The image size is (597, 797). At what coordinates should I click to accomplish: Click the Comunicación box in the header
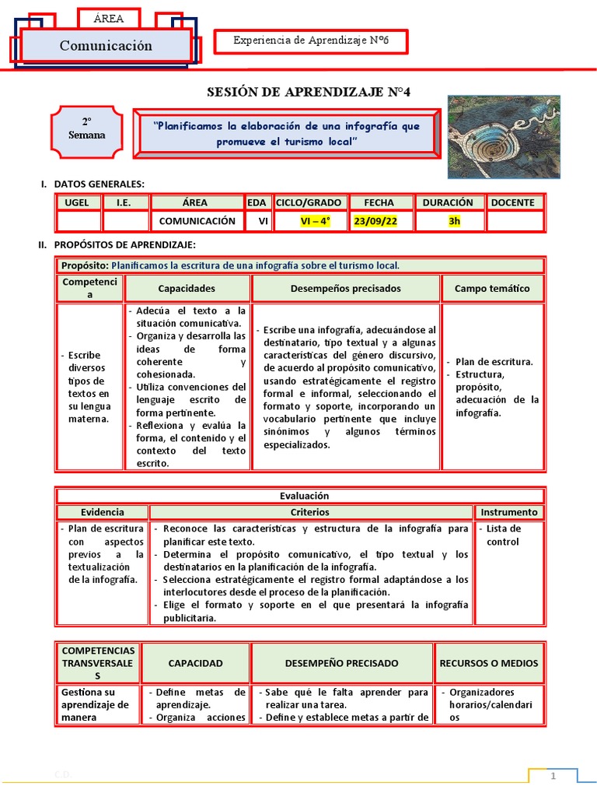click(106, 46)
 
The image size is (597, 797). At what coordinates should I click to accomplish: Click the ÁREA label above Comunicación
click(108, 18)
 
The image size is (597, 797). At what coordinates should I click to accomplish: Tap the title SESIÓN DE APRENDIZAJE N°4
click(308, 93)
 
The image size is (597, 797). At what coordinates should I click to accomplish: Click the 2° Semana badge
click(87, 129)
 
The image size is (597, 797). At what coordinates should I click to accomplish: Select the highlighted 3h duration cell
click(454, 221)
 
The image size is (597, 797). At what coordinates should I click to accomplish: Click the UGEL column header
click(78, 202)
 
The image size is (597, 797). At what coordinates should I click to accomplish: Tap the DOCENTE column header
click(512, 202)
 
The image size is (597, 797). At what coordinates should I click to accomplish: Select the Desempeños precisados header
click(345, 289)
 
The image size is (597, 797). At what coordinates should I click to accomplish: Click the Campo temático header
click(491, 289)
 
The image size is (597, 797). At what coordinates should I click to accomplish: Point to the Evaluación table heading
click(299, 496)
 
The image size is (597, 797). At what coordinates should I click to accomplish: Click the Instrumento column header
click(508, 512)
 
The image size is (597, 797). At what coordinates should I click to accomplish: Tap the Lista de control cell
click(503, 535)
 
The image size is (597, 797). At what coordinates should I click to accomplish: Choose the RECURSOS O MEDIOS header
click(488, 663)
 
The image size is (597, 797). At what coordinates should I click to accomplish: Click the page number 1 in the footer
click(554, 777)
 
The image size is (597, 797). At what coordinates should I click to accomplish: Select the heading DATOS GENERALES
click(99, 184)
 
